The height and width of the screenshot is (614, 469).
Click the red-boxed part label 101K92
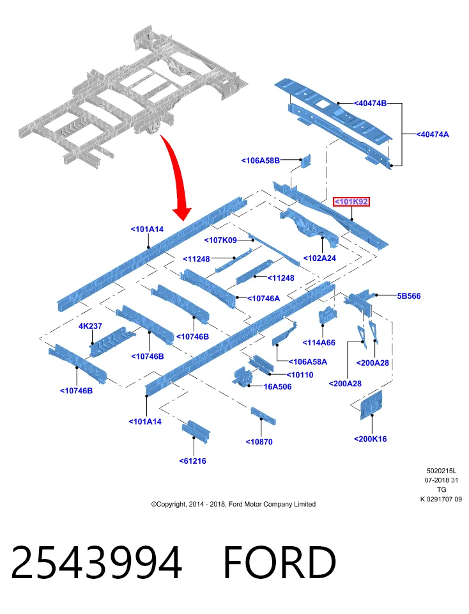pyautogui.click(x=351, y=201)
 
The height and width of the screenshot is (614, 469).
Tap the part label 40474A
pyautogui.click(x=433, y=134)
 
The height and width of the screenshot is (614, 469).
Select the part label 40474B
pyautogui.click(x=370, y=104)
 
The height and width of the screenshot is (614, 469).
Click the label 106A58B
pyautogui.click(x=261, y=160)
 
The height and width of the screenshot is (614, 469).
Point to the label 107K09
pyautogui.click(x=220, y=240)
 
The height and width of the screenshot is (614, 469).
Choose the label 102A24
pyautogui.click(x=319, y=258)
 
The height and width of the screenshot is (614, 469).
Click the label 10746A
pyautogui.click(x=264, y=299)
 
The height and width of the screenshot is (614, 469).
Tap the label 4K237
pyautogui.click(x=90, y=326)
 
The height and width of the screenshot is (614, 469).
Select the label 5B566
pyautogui.click(x=409, y=296)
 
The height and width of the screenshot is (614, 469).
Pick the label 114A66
pyautogui.click(x=319, y=343)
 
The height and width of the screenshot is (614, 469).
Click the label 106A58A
pyautogui.click(x=308, y=362)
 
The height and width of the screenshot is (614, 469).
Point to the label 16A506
pyautogui.click(x=278, y=386)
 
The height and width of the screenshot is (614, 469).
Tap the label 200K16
pyautogui.click(x=371, y=439)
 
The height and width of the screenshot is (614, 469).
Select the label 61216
pyautogui.click(x=192, y=461)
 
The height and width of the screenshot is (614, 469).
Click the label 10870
pyautogui.click(x=259, y=442)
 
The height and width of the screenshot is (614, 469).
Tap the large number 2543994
pyautogui.click(x=96, y=562)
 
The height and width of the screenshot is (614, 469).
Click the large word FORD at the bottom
pyautogui.click(x=280, y=562)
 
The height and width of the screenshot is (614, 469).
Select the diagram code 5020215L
pyautogui.click(x=442, y=471)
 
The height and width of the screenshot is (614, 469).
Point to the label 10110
pyautogui.click(x=300, y=375)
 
